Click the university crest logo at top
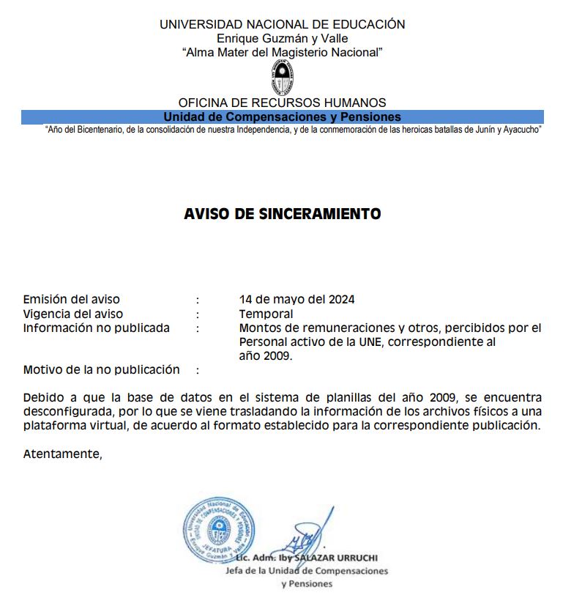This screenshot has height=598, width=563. pyautogui.click(x=282, y=78)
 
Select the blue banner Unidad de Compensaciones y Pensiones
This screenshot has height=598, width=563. pyautogui.click(x=282, y=117)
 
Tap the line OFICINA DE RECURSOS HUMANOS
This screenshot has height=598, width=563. pyautogui.click(x=282, y=103)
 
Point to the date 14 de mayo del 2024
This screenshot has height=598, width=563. pyautogui.click(x=297, y=299)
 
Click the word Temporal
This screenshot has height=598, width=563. pyautogui.click(x=261, y=314)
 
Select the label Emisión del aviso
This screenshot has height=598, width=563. pyautogui.click(x=72, y=299)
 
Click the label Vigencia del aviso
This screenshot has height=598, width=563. pyautogui.click(x=73, y=314)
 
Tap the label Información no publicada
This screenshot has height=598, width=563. pyautogui.click(x=96, y=328)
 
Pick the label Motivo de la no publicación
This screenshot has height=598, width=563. pyautogui.click(x=101, y=369)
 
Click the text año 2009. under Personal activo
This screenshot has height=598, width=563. pyautogui.click(x=265, y=356)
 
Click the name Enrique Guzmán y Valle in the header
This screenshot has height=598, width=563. pyautogui.click(x=282, y=38)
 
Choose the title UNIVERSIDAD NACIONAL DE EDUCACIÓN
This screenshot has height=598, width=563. pyautogui.click(x=282, y=24)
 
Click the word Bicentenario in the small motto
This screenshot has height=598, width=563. pyautogui.click(x=105, y=130)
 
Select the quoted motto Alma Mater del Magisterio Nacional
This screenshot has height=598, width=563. pyautogui.click(x=282, y=52)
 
